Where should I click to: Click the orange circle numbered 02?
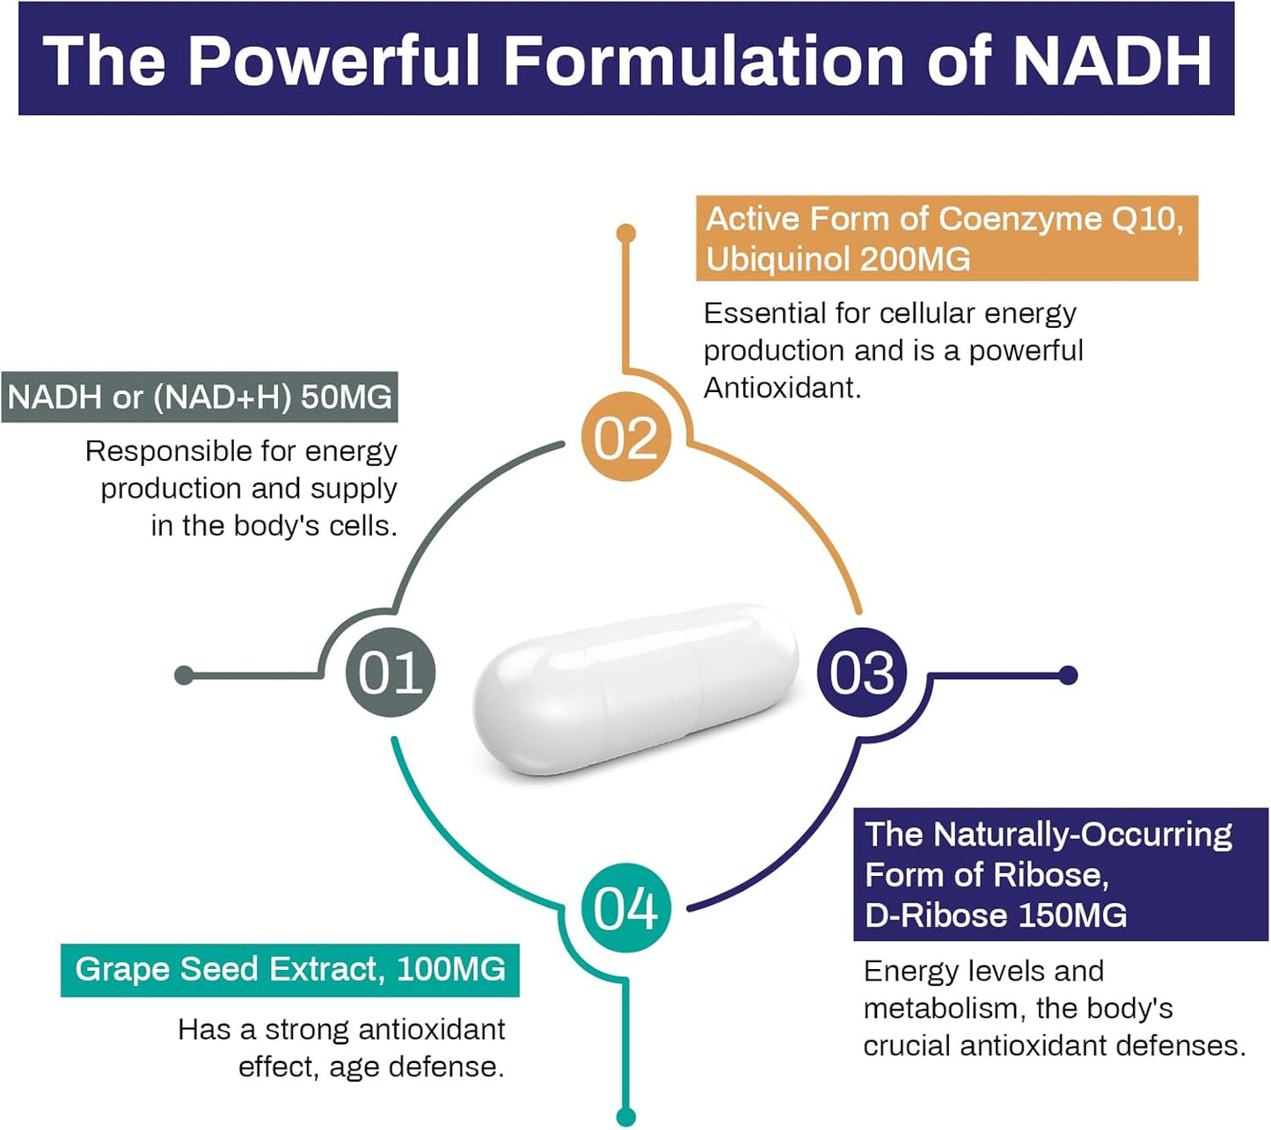(x=625, y=437)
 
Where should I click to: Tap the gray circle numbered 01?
(x=391, y=674)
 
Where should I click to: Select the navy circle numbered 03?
(x=862, y=674)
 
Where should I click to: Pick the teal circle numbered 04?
(x=625, y=908)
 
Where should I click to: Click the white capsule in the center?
(x=635, y=689)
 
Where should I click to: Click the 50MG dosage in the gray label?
(x=346, y=397)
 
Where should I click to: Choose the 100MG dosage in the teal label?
(x=451, y=969)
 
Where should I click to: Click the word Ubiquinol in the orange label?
(x=778, y=259)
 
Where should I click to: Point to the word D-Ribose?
(x=936, y=915)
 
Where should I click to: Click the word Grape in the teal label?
(x=122, y=969)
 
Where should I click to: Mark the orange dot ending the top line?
(x=626, y=233)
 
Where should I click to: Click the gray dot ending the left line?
(x=184, y=675)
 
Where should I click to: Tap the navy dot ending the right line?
(x=1068, y=675)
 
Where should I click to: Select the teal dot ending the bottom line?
(x=626, y=1117)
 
